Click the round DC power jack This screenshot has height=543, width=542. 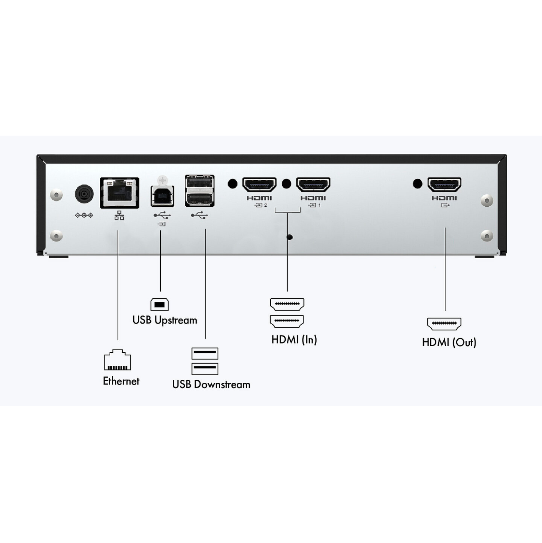point(84,194)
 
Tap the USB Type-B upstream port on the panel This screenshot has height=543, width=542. point(162,196)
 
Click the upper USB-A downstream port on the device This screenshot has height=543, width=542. point(200,182)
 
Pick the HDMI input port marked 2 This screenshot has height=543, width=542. point(259,185)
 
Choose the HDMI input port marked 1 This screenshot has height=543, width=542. point(313,185)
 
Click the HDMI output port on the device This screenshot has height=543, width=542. point(444,185)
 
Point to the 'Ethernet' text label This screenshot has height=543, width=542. point(121,381)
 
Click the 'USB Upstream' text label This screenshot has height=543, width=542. point(165,320)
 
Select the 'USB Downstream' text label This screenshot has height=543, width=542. point(211,385)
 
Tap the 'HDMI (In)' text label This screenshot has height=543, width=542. point(294,340)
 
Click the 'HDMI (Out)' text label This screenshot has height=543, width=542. point(449,343)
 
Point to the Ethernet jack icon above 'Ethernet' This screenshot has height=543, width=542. point(118,360)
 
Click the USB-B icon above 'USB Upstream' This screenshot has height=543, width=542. point(160,304)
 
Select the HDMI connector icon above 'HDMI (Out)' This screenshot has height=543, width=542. point(444,324)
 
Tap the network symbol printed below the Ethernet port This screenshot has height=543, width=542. point(119,216)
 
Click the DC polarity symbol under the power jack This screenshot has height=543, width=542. point(84,215)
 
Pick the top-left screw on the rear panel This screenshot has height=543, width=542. point(56,195)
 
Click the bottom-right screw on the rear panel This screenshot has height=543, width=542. point(486,236)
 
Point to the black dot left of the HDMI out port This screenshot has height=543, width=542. point(417,184)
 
